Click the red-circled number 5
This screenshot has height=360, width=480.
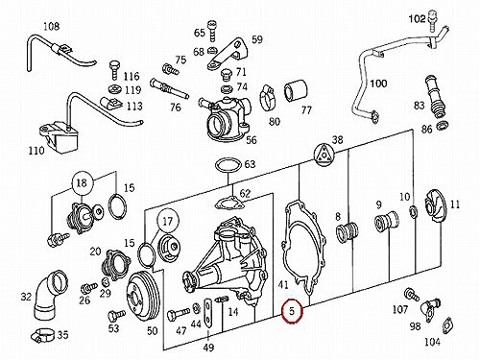(292, 311)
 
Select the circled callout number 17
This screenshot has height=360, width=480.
(168, 221)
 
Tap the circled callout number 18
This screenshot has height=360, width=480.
(82, 183)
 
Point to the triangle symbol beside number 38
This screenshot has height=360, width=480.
(324, 156)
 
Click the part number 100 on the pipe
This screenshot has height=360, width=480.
(378, 84)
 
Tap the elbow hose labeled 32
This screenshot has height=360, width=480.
(48, 293)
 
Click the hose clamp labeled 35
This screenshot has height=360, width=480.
(44, 335)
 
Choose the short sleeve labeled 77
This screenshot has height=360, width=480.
(295, 92)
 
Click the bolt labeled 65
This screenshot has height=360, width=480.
(211, 31)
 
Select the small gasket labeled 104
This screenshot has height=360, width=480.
(448, 326)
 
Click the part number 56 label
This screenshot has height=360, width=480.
(252, 139)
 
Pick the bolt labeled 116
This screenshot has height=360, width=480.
(114, 69)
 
